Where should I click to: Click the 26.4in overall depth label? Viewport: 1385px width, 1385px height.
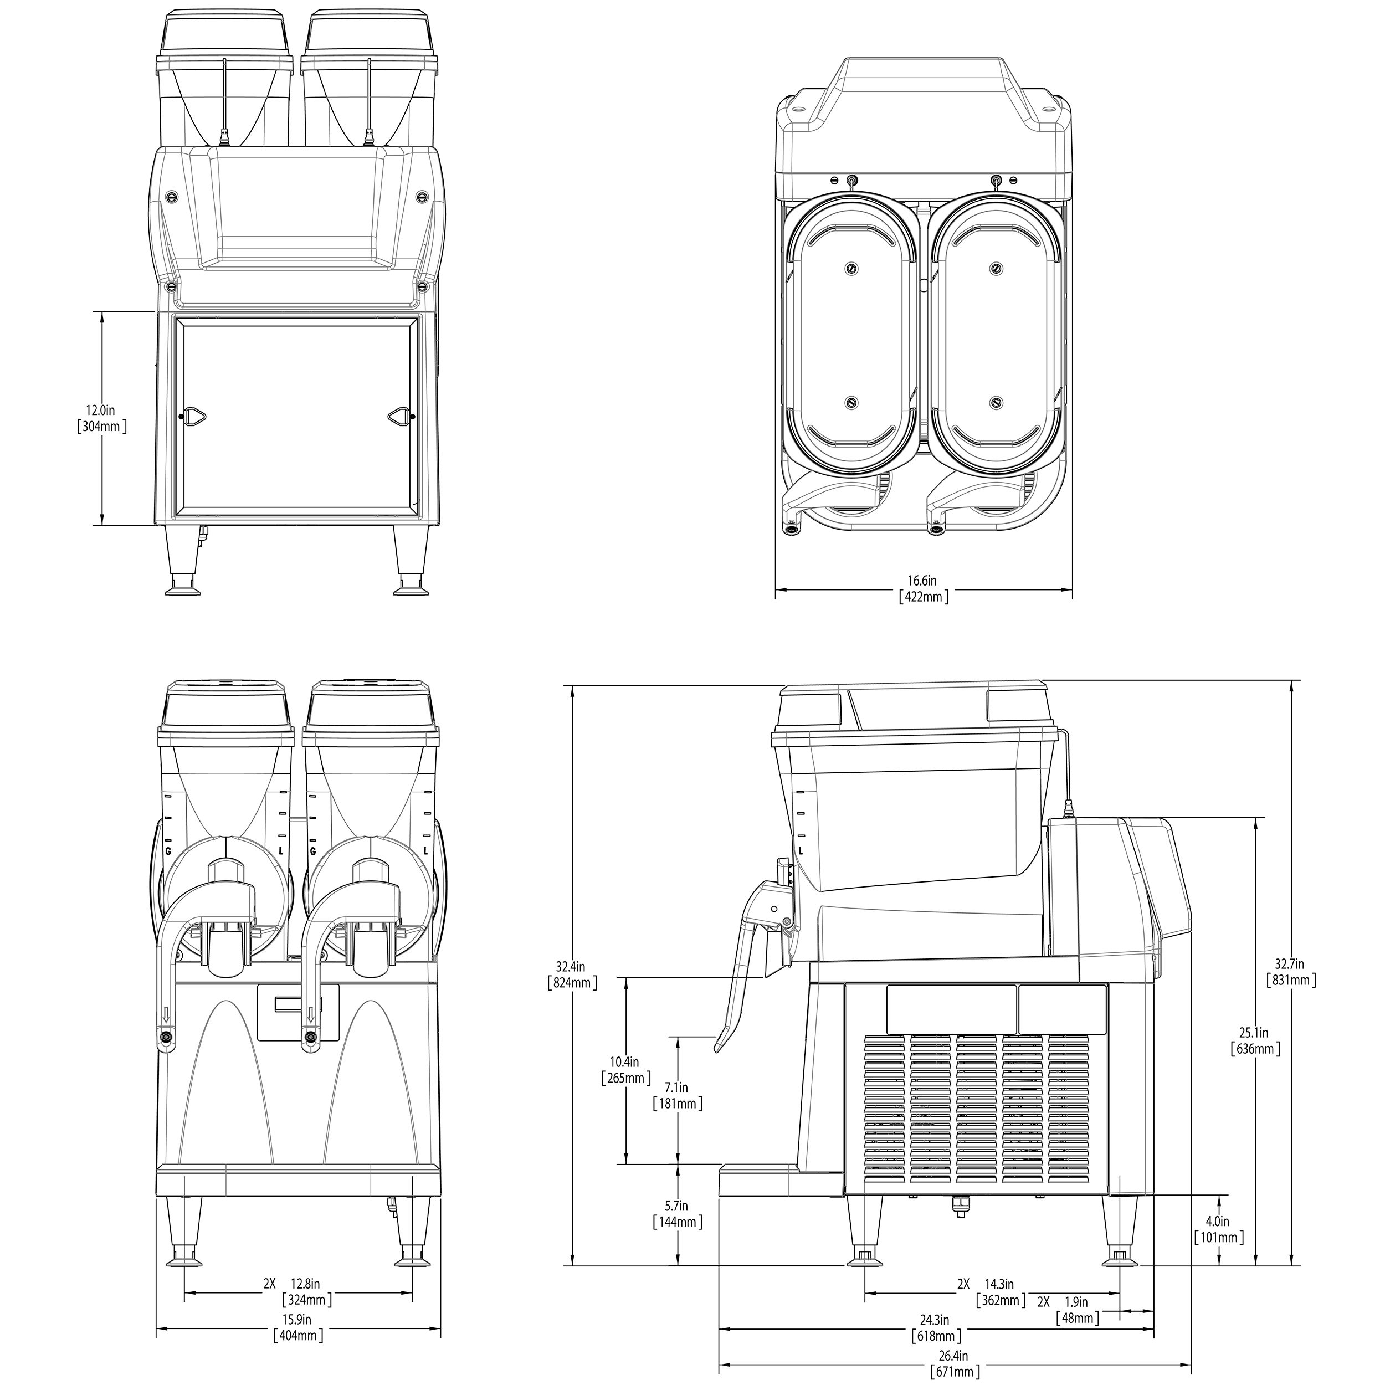[x=954, y=1356]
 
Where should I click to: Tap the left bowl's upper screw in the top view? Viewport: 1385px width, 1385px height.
[x=851, y=268]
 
